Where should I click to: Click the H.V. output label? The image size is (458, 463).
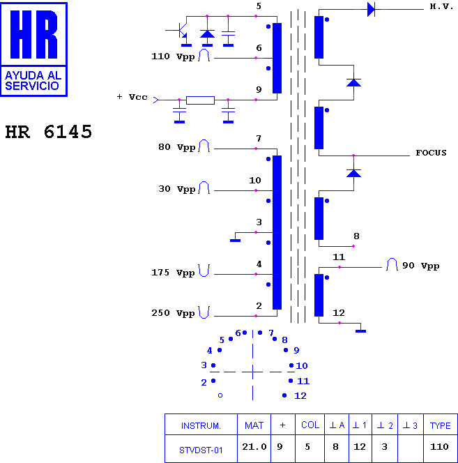coord(441,6)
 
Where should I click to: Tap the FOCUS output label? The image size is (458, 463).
coord(431,153)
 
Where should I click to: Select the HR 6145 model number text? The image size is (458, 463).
coord(48,132)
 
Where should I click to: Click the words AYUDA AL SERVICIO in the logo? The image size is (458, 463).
coord(33,81)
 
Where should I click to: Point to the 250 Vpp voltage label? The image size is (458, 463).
coord(173,313)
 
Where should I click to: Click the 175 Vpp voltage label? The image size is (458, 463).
coord(173,273)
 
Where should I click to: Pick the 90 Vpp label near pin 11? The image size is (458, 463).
coord(421,266)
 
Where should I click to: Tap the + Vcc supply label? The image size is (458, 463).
coord(132,97)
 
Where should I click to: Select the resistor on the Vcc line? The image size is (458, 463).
coord(200,100)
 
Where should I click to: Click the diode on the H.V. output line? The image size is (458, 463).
coord(371,10)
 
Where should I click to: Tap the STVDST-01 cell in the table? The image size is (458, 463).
coord(201,450)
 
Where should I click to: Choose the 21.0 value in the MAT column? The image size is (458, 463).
coord(254,447)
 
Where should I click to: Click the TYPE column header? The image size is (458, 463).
coord(441,426)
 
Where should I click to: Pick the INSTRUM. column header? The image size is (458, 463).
coord(201,426)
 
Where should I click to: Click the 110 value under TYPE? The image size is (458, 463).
coord(439,447)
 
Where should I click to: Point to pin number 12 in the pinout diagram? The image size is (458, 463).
coord(300,396)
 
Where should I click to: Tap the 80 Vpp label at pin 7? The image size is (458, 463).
coord(176,147)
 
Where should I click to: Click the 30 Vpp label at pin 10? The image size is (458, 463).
coord(176,189)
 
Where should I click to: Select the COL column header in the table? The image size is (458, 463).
coord(310,425)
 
